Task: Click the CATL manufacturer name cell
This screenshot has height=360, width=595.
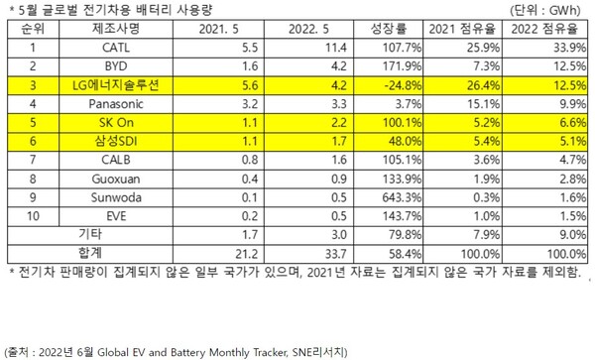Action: tap(104, 48)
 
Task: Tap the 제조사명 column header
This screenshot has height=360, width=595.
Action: tap(104, 28)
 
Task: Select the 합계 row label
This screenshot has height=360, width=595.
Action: tap(75, 254)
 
